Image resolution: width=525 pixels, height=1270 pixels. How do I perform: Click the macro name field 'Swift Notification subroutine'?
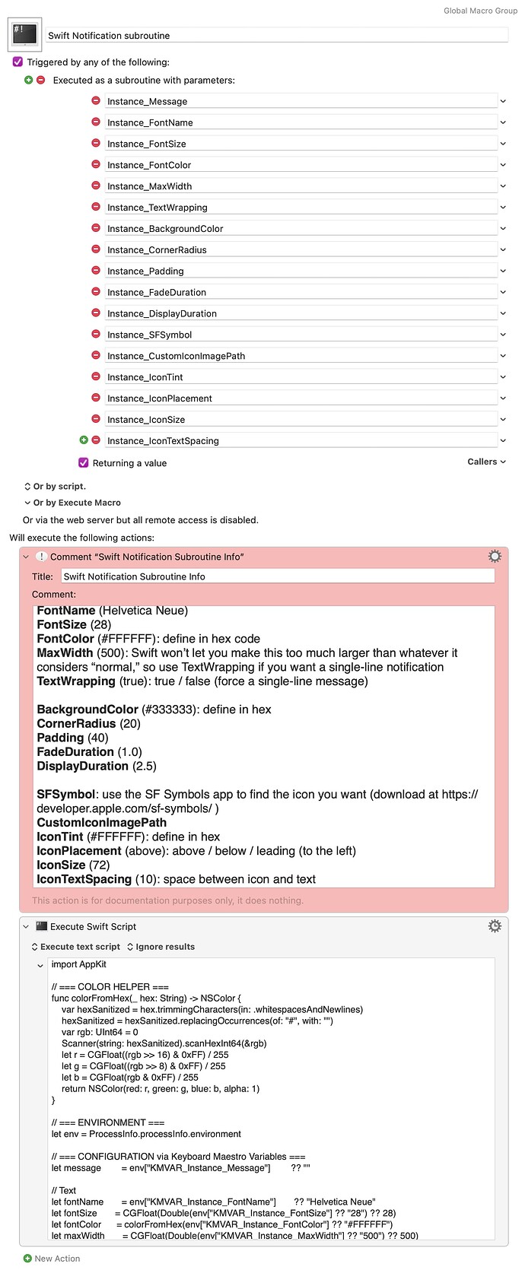[x=277, y=35]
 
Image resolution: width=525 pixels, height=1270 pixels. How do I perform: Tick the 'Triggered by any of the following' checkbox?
[x=17, y=62]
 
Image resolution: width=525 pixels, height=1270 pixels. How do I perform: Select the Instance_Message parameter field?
[x=301, y=101]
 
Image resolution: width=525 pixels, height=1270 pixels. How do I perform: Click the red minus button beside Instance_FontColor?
[x=96, y=164]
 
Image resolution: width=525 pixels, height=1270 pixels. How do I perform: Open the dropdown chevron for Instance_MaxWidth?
[x=503, y=186]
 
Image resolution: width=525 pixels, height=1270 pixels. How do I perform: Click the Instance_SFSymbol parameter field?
[x=301, y=335]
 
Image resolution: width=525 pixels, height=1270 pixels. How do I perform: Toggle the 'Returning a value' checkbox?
[x=84, y=462]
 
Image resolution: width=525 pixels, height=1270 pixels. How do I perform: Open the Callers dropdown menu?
[x=486, y=462]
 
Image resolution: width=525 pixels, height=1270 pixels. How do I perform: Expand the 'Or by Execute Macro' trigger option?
[x=72, y=503]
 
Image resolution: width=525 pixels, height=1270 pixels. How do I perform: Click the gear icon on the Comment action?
[x=495, y=557]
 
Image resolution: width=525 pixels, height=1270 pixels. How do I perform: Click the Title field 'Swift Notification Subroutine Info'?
[x=277, y=576]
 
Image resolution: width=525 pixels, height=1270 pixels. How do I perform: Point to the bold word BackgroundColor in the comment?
[x=87, y=710]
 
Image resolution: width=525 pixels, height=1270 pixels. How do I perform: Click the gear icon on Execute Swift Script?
[x=495, y=926]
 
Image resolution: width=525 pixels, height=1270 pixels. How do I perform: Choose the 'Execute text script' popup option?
[x=76, y=947]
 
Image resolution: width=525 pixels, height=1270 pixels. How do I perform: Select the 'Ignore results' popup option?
[x=161, y=947]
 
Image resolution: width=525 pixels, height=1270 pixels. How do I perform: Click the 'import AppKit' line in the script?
[x=79, y=964]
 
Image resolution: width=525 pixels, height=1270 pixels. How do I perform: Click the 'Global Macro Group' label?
[x=480, y=11]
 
